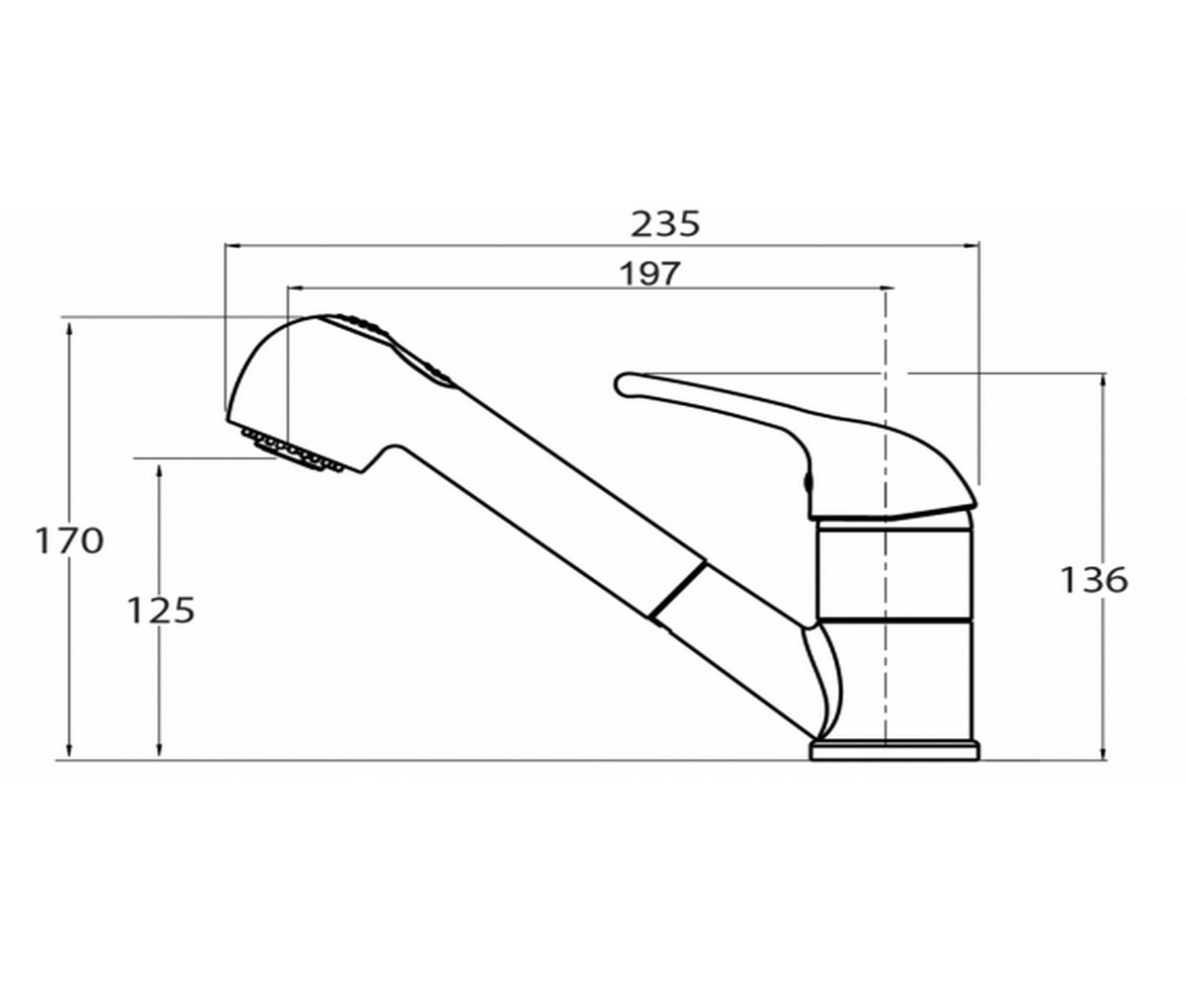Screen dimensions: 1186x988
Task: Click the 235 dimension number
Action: tap(665, 224)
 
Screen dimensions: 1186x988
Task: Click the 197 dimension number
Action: tap(649, 275)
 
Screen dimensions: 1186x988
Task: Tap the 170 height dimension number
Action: tap(69, 540)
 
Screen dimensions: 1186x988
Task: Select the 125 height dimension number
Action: tap(160, 611)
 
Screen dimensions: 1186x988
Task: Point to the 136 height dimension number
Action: tap(1094, 580)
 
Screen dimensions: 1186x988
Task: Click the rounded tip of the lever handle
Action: tap(622, 384)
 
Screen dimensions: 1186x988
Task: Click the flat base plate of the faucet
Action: tap(894, 751)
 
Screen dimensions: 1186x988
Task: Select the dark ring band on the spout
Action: tap(678, 591)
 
